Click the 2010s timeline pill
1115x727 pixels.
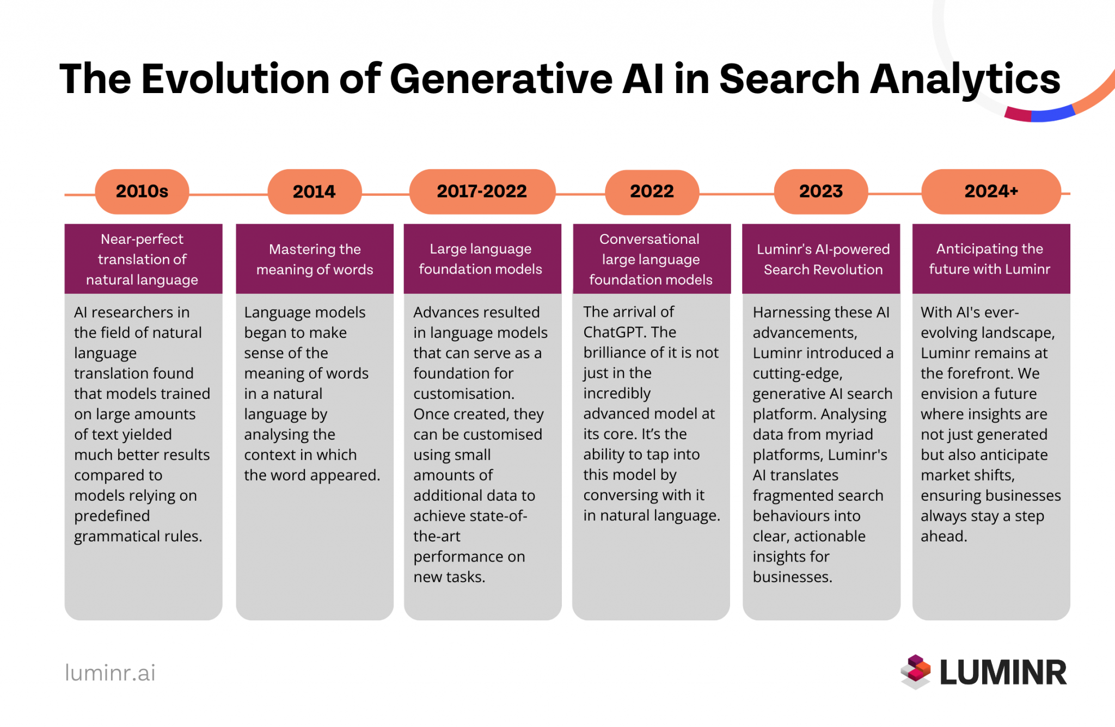[x=142, y=192]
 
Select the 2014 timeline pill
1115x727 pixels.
[x=314, y=192]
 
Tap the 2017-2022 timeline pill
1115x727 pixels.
[x=482, y=192]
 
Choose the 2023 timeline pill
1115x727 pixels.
[x=820, y=192]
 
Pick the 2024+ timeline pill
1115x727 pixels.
[x=991, y=192]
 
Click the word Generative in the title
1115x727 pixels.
[x=501, y=79]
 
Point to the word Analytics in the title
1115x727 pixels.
[x=965, y=79]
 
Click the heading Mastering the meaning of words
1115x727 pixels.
[x=315, y=259]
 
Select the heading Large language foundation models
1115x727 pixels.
[x=481, y=259]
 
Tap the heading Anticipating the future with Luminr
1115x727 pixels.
[x=989, y=259]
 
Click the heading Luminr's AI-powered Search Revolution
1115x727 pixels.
[x=823, y=259]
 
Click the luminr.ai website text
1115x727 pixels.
[x=110, y=673]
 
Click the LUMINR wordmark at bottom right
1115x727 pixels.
[x=1003, y=673]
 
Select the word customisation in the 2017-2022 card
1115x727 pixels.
[x=463, y=394]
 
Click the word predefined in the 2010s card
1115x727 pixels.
[x=112, y=516]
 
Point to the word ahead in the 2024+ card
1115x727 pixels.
[x=944, y=537]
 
